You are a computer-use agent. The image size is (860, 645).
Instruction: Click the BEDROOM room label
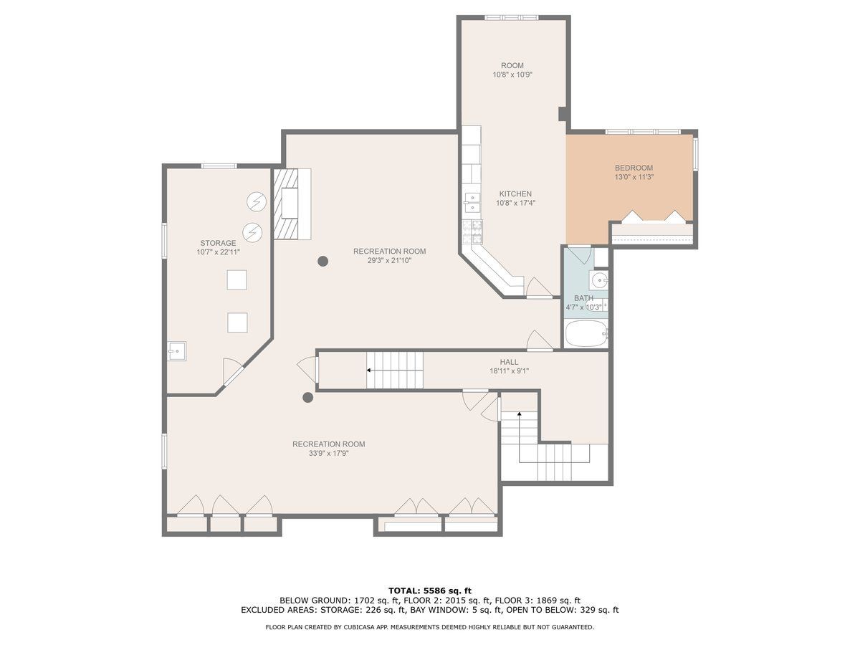[x=634, y=168]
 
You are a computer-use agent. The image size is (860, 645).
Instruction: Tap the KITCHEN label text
[x=515, y=193]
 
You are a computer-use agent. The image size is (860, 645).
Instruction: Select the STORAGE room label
[x=218, y=243]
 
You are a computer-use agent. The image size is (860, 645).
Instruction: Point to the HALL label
[x=509, y=362]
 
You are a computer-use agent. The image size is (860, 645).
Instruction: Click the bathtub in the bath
[x=586, y=333]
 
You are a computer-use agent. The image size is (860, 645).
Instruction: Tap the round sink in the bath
[x=599, y=279]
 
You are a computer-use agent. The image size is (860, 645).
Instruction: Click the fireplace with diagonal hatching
[x=286, y=204]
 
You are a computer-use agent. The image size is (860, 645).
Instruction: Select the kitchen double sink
[x=472, y=202]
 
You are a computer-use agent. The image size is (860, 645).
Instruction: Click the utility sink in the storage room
[x=177, y=351]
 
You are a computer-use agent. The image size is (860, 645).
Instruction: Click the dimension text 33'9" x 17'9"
[x=328, y=454]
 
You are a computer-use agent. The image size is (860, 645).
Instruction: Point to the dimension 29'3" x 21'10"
[x=389, y=260]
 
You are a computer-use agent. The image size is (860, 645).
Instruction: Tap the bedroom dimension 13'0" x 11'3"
[x=634, y=177]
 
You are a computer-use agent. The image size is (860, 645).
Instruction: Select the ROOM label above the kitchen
[x=512, y=65]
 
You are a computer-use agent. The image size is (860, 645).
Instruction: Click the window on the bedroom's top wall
[x=643, y=132]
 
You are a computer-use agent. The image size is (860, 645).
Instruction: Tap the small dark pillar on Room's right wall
[x=562, y=114]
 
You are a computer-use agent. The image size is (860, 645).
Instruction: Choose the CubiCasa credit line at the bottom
[x=430, y=627]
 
